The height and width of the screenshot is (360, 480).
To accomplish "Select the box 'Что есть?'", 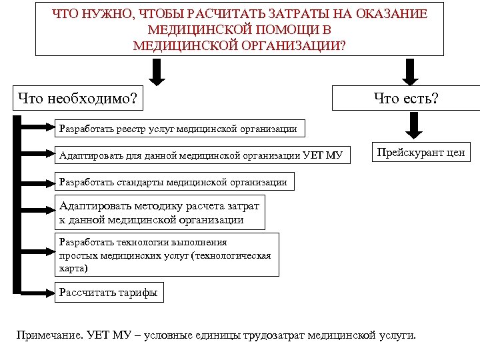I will pyautogui.click(x=406, y=99).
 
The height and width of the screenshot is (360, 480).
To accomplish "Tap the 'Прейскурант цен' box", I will pyautogui.click(x=421, y=153).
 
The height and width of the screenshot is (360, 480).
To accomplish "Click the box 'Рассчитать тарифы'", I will pyautogui.click(x=109, y=292).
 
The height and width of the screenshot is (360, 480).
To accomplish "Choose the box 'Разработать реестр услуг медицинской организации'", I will pyautogui.click(x=178, y=128).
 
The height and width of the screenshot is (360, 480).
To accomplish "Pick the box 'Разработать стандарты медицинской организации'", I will pyautogui.click(x=173, y=181).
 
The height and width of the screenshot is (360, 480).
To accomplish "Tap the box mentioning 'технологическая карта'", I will pyautogui.click(x=167, y=255).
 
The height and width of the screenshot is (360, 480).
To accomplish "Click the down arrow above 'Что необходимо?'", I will pyautogui.click(x=157, y=72).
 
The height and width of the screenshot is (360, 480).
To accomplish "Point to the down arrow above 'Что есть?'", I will pyautogui.click(x=408, y=72).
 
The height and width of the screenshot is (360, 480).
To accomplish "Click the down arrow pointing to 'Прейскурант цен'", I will pyautogui.click(x=414, y=125).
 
